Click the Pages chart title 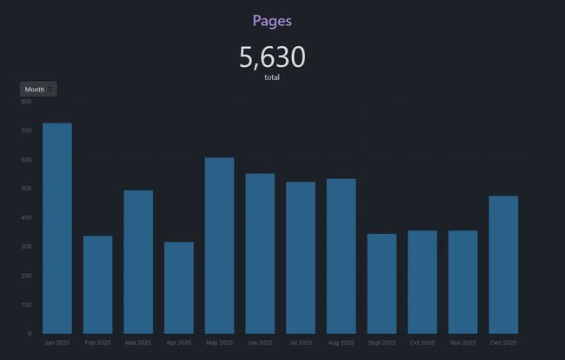(272, 20)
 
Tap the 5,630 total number (272, 57)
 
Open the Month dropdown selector (38, 89)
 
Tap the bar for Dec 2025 (503, 264)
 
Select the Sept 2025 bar (382, 283)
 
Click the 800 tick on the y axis (26, 102)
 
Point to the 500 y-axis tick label (26, 189)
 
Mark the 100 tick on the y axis (26, 304)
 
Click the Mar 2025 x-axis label (138, 343)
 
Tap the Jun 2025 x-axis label (260, 343)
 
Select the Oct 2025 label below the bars (422, 343)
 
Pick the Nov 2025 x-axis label (462, 343)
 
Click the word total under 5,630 (272, 77)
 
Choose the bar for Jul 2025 (301, 257)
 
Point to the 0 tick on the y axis (29, 333)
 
